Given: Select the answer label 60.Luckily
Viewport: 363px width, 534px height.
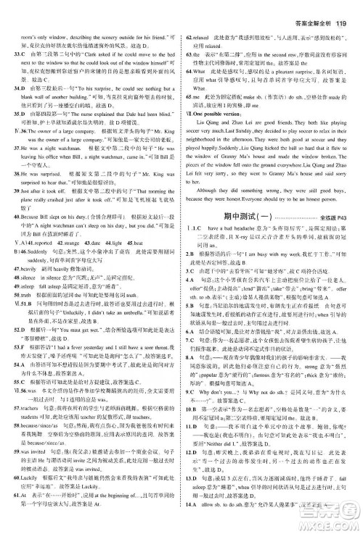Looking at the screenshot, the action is pyautogui.click(x=24, y=500).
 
